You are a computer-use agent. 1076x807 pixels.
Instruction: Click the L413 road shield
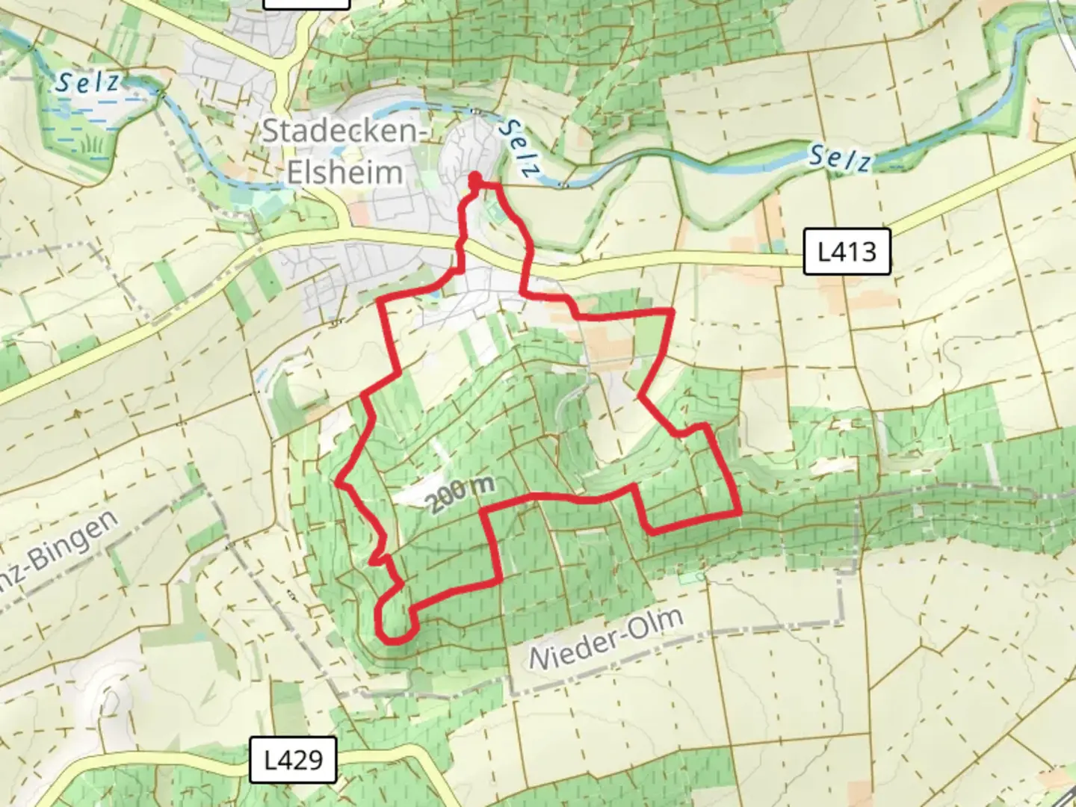tap(847, 252)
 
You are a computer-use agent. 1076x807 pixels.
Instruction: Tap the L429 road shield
tap(294, 760)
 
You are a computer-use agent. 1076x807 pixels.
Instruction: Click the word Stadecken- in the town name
tap(344, 132)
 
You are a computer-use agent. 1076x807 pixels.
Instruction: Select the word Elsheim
tap(344, 173)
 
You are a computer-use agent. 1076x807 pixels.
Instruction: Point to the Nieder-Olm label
tap(606, 639)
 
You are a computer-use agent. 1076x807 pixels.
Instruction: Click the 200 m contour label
tap(462, 493)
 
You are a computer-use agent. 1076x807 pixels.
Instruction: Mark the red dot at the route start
tap(474, 179)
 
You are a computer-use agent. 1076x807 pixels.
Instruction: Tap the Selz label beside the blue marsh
tap(87, 81)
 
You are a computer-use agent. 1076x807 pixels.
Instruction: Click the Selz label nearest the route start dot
tap(519, 148)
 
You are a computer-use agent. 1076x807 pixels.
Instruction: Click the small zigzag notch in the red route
tap(380, 557)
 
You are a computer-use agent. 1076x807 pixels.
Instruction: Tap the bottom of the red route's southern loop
tap(395, 640)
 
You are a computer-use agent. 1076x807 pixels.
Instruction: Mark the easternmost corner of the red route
tap(740, 513)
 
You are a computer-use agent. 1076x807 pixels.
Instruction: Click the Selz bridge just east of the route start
tap(566, 183)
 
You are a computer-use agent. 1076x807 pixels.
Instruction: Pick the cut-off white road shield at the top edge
tap(307, 3)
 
